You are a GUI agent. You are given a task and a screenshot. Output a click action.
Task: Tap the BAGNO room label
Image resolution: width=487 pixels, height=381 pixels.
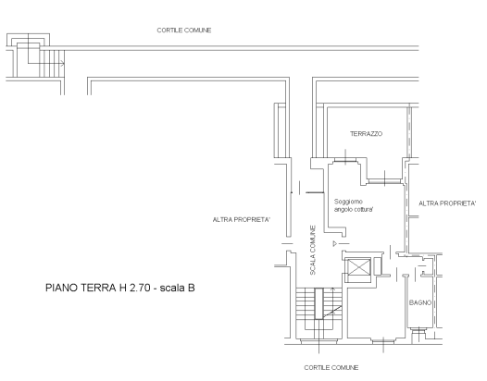point(420,302)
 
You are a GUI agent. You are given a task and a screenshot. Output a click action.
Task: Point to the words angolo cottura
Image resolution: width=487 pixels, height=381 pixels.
point(354,209)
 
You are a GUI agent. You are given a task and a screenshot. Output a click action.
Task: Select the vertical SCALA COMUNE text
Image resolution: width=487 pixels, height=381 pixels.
point(313,250)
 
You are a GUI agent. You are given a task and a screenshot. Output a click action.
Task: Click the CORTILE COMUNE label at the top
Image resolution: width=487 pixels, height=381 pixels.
point(184,31)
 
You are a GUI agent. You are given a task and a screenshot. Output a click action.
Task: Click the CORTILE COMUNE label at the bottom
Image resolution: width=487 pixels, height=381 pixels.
point(331,368)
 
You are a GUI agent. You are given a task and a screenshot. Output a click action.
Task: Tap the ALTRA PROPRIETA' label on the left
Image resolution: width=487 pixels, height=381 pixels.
point(242,220)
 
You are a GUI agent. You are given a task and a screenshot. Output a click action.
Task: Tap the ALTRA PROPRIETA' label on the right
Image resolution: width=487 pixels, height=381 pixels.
point(447,203)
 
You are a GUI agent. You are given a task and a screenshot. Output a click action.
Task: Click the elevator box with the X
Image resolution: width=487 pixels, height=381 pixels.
point(358,266)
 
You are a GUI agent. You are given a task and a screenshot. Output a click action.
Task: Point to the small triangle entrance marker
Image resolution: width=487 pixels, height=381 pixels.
point(335,243)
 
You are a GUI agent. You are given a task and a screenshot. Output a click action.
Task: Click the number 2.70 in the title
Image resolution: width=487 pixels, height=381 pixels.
point(140,288)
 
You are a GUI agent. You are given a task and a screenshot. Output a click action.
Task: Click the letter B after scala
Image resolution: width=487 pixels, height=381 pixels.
point(191,288)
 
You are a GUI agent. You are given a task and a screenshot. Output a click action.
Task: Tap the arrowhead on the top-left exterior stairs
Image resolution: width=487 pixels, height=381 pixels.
point(63,64)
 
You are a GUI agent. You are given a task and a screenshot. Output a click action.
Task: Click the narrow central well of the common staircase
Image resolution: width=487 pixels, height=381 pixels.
point(319,303)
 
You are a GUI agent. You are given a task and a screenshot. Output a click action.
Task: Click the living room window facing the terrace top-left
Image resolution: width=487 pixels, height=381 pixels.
point(345,160)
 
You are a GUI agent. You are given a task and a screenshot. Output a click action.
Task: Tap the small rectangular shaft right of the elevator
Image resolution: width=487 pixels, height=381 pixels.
point(378,266)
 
